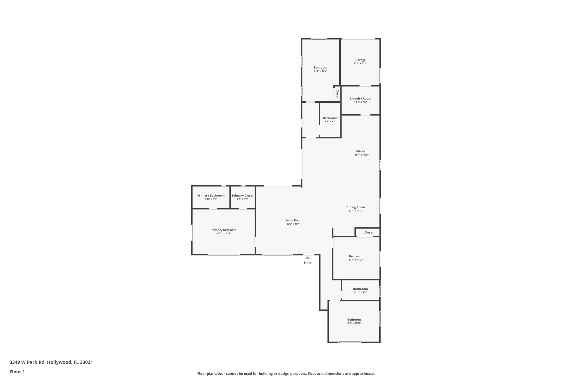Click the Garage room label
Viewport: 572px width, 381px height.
pyautogui.click(x=360, y=60)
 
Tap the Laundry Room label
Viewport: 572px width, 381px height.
pyautogui.click(x=360, y=99)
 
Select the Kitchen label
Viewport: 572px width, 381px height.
pyautogui.click(x=362, y=152)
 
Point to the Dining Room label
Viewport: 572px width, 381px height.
pyautogui.click(x=356, y=207)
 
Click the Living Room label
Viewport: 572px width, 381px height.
pyautogui.click(x=293, y=221)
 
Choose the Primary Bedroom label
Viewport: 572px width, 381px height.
pyautogui.click(x=223, y=230)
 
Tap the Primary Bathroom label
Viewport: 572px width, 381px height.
pyautogui.click(x=211, y=196)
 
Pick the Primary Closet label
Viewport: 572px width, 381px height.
pyautogui.click(x=243, y=196)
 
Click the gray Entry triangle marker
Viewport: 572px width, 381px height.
pyautogui.click(x=308, y=257)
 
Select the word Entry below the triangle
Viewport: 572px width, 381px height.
pyautogui.click(x=308, y=263)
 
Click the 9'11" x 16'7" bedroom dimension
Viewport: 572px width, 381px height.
pyautogui.click(x=320, y=71)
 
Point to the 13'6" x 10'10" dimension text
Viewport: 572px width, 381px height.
pyautogui.click(x=354, y=323)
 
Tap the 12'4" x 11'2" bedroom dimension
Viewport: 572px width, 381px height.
pyautogui.click(x=356, y=260)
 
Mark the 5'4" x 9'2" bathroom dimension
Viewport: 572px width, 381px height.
pyautogui.click(x=330, y=122)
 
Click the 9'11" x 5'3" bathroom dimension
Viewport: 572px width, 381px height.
pyautogui.click(x=360, y=293)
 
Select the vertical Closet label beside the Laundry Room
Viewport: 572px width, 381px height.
pyautogui.click(x=337, y=94)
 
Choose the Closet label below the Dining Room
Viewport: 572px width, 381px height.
pyautogui.click(x=369, y=233)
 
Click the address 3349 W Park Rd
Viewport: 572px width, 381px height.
pyautogui.click(x=27, y=362)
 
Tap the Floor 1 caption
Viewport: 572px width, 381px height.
pyautogui.click(x=17, y=372)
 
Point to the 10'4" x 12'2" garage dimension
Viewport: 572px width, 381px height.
pyautogui.click(x=360, y=64)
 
